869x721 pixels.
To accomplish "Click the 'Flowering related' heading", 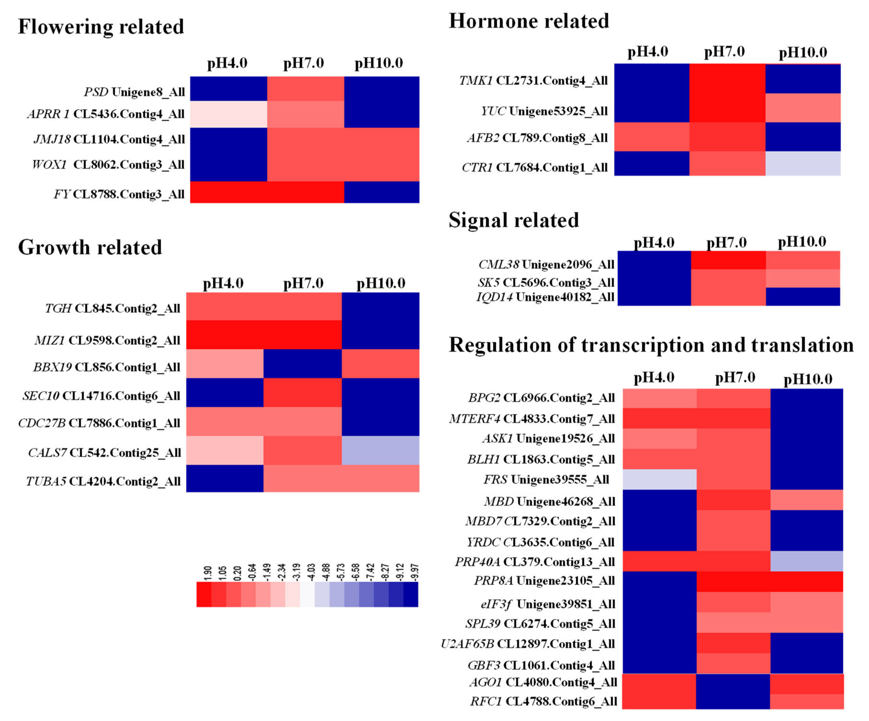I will click(101, 27).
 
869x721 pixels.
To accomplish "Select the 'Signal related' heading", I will click(513, 220).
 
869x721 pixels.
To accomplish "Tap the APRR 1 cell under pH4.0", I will click(228, 114).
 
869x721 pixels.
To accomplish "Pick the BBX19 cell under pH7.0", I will click(303, 364).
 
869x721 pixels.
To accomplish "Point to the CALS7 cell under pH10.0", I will click(380, 450).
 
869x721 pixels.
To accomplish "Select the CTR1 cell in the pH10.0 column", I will click(803, 163).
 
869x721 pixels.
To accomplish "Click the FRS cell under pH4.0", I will click(659, 479).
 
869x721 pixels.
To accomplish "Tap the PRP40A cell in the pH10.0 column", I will click(807, 561).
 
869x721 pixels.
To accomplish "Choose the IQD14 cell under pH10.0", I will click(803, 297).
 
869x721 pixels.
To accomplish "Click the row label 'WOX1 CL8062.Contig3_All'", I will click(108, 165).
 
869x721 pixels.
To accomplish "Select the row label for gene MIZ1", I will click(107, 340).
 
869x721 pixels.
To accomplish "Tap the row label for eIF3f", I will click(548, 604).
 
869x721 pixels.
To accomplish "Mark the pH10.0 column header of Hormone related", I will click(802, 53).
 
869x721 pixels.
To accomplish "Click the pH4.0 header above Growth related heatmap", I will click(223, 283).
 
